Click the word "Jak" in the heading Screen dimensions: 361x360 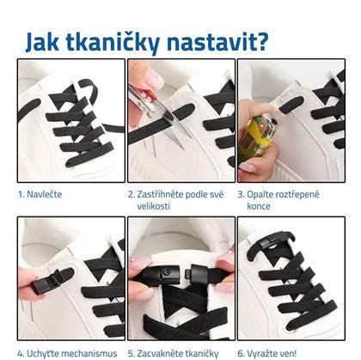(42, 43)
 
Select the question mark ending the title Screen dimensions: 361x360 (260, 42)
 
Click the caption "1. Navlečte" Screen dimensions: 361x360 (40, 194)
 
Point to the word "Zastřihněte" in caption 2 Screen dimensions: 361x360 (160, 194)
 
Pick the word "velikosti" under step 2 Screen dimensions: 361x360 (153, 206)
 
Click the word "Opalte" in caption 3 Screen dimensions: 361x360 (260, 195)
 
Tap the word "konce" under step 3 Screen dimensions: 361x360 (259, 206)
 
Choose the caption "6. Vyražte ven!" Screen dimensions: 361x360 (267, 353)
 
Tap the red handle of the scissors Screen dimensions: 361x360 (142, 95)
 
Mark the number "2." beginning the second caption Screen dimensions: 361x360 (132, 194)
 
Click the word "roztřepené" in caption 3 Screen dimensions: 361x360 (297, 195)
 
